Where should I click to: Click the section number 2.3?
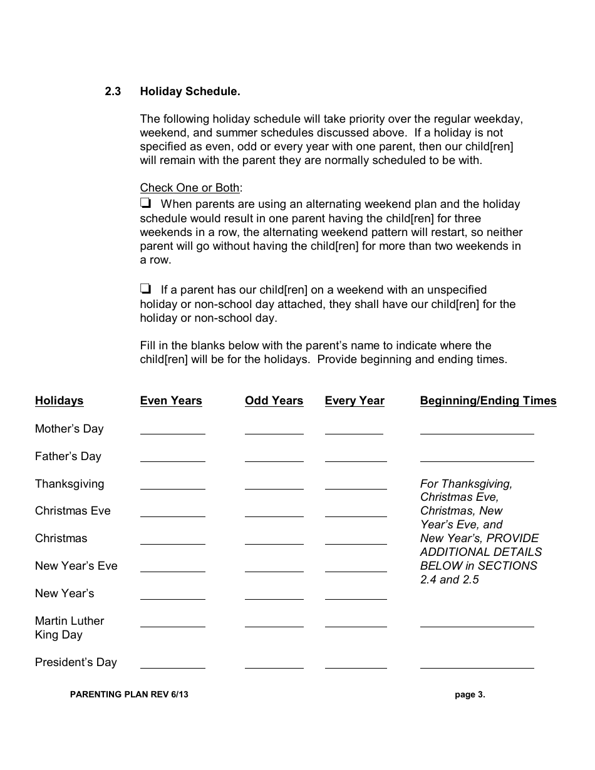pos(113,91)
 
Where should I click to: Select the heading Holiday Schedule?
pos(190,91)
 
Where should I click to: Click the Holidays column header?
pos(59,401)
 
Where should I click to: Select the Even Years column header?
pos(171,401)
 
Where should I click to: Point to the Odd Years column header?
pos(274,401)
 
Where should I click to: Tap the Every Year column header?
pos(354,401)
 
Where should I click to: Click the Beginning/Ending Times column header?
pos(488,401)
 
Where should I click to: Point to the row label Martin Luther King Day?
pos(69,627)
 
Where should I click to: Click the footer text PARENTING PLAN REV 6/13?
pos(129,694)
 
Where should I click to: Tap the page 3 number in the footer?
pos(470,694)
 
